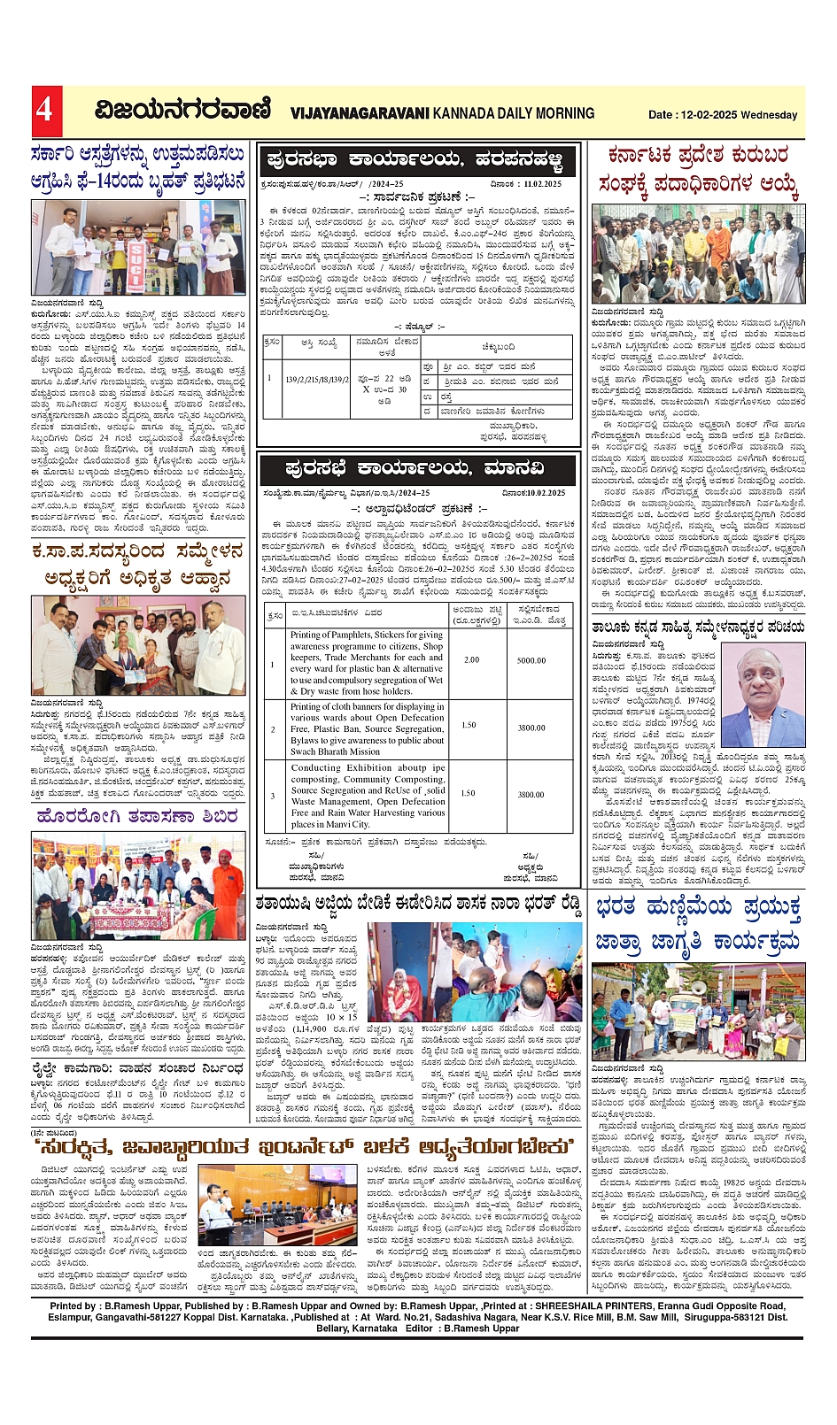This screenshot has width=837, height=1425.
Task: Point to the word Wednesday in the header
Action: [770, 115]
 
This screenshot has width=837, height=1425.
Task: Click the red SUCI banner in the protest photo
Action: [136, 258]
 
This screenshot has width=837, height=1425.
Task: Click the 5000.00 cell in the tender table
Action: [531, 660]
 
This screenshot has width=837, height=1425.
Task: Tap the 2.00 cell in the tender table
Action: [471, 660]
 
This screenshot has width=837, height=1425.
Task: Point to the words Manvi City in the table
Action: [348, 824]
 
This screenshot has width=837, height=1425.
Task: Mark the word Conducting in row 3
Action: [315, 768]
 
